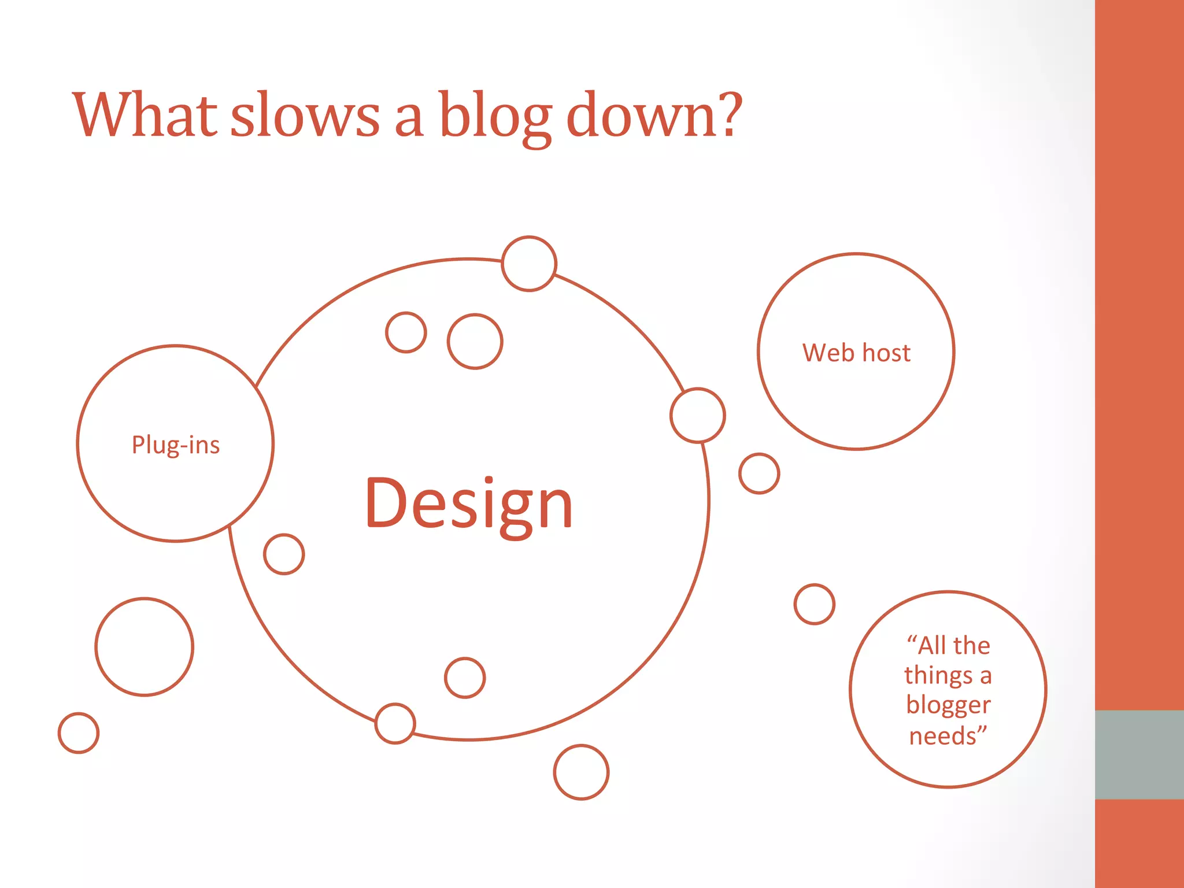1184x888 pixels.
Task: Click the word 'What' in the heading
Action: click(x=145, y=116)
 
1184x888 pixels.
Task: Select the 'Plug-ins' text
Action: click(x=176, y=445)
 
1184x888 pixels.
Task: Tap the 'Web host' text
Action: click(x=856, y=353)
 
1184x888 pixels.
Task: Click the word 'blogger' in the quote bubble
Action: click(x=948, y=705)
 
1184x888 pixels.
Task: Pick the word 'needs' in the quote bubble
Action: click(x=942, y=736)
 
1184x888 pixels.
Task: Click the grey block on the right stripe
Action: click(x=1139, y=754)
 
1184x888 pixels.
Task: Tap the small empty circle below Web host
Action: click(x=759, y=473)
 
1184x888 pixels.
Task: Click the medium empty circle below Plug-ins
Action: click(x=145, y=647)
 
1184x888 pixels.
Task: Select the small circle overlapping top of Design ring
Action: click(x=529, y=264)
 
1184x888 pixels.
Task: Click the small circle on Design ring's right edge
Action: click(x=698, y=416)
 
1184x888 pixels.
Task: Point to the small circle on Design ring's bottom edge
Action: click(x=395, y=723)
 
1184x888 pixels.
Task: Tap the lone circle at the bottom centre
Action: click(x=581, y=772)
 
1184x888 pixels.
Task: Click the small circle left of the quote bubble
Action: click(x=815, y=604)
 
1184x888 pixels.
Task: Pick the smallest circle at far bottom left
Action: click(x=79, y=733)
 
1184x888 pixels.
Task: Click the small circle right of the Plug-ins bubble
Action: click(x=284, y=554)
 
